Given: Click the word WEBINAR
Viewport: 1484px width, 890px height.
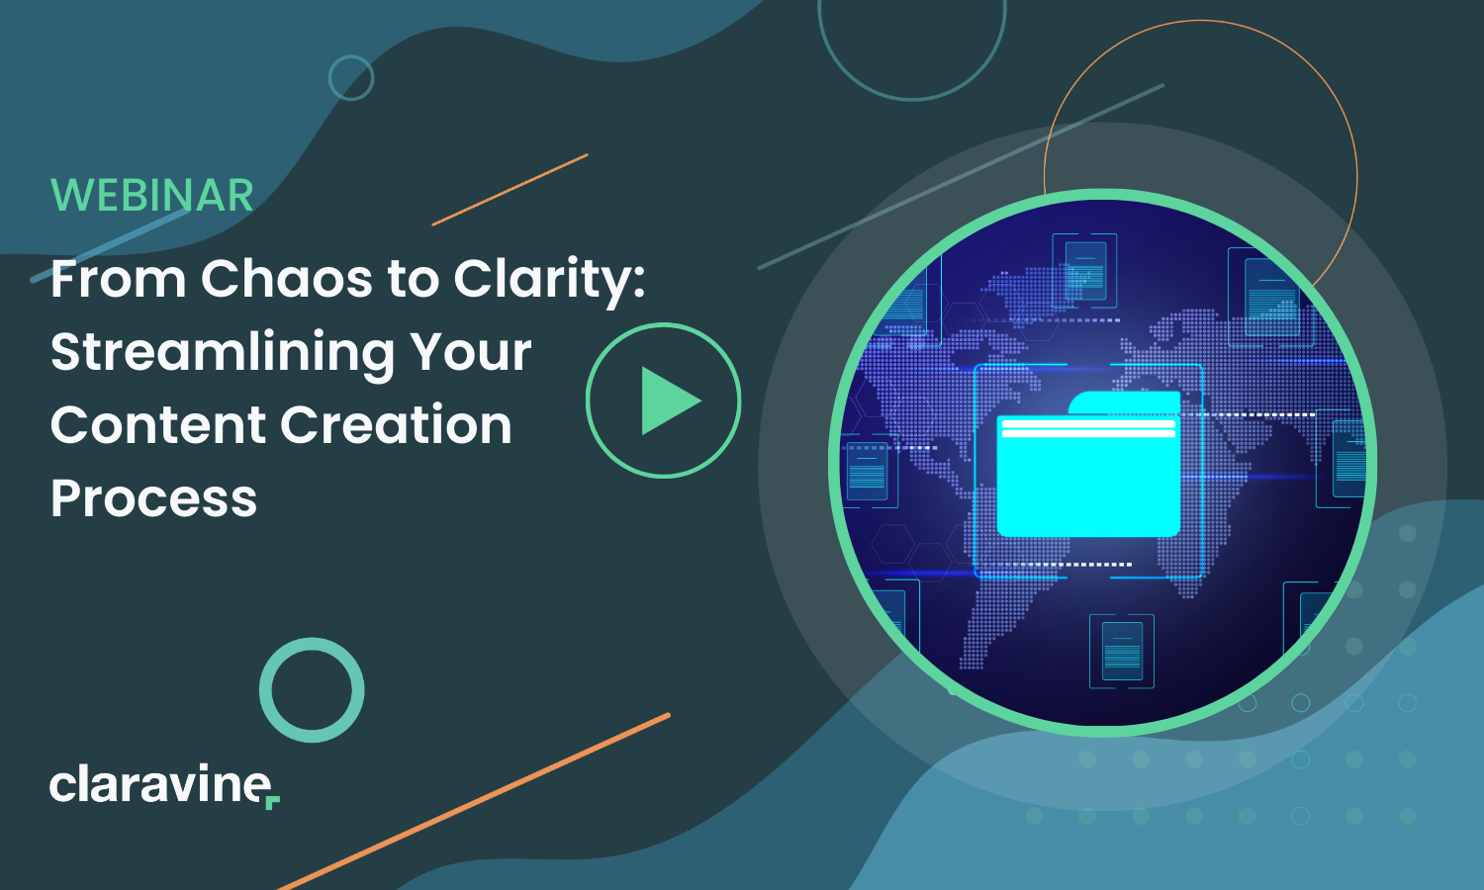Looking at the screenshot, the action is coord(151,196).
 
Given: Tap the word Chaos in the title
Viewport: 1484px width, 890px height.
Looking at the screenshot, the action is coord(287,278).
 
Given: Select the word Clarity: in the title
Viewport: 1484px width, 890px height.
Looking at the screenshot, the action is coord(549,282).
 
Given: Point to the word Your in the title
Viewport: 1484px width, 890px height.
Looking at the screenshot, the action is coord(470,351).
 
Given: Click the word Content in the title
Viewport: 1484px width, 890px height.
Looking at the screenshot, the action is coord(158,424).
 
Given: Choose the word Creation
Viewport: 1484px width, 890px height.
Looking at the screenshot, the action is coord(396,424).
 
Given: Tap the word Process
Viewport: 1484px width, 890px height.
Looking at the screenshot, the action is coord(153,498).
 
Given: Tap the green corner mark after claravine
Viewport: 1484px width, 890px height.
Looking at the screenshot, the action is coord(273,803).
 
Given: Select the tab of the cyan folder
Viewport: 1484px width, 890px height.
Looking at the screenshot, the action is coord(1125,401).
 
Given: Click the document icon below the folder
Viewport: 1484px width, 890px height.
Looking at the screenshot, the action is coord(1122,651).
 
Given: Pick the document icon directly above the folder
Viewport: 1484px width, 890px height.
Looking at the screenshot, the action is coord(1084,271).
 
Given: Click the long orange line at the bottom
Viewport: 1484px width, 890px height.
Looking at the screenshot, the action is coord(473,802).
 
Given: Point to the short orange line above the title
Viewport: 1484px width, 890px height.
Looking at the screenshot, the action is coord(510,190).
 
